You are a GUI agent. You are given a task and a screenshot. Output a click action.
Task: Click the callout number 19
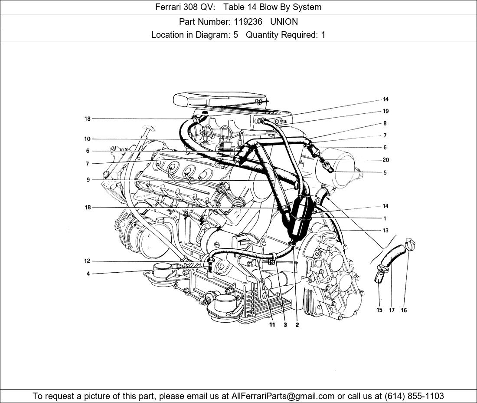[386, 111]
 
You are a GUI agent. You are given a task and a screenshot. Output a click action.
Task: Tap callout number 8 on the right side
[385, 123]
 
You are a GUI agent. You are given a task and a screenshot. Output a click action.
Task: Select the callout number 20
[386, 160]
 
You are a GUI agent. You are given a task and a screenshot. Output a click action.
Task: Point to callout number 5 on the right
[385, 173]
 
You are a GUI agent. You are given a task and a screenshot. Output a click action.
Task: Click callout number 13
[386, 231]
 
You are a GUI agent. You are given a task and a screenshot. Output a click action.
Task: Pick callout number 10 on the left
[87, 139]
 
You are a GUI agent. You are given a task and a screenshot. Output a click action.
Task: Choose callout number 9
[88, 180]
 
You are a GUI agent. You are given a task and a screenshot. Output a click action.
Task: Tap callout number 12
[87, 261]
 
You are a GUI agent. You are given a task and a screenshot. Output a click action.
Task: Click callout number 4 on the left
[88, 274]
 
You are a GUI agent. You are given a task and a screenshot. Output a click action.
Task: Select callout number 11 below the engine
[272, 325]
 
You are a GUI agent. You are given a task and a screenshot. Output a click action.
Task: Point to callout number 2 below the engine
[297, 325]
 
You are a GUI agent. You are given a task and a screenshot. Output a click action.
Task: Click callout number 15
[379, 310]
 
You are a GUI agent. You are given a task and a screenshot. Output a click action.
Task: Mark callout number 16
[404, 310]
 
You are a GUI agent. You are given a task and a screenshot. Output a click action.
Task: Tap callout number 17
[392, 310]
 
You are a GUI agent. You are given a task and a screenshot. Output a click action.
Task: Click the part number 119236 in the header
[248, 22]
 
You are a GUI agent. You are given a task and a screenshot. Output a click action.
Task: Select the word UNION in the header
[284, 22]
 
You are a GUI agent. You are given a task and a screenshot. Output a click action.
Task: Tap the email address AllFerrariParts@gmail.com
[283, 396]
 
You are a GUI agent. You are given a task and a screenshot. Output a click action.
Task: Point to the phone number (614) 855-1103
[414, 396]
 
